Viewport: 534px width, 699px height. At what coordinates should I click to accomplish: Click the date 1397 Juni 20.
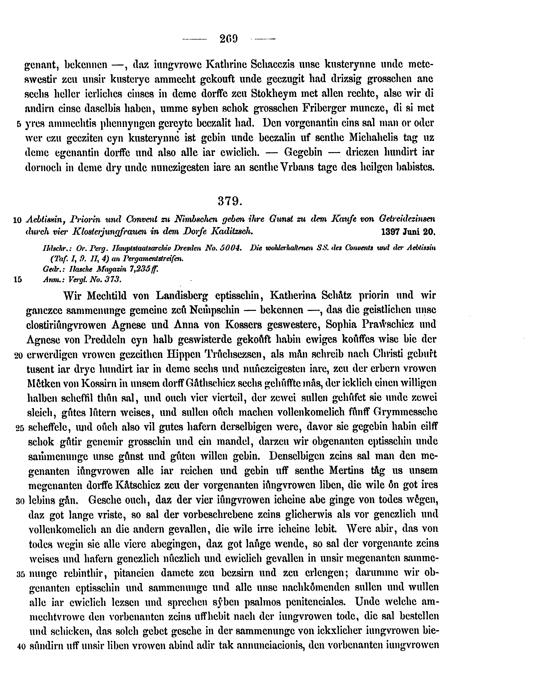pos(408,232)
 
